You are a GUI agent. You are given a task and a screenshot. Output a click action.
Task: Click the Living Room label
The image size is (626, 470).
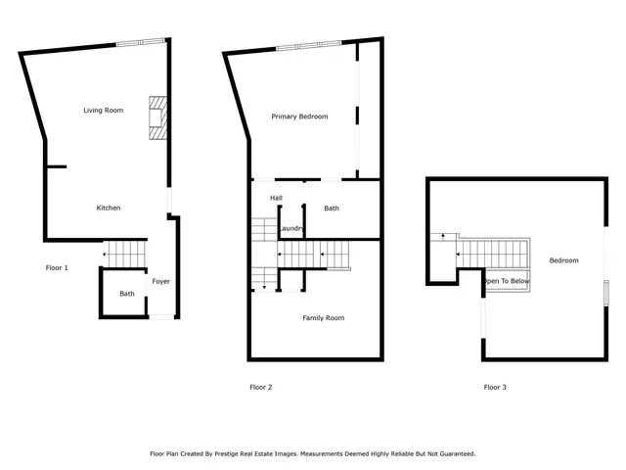click(x=103, y=111)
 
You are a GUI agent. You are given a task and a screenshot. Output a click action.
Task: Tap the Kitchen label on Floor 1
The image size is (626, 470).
click(x=108, y=209)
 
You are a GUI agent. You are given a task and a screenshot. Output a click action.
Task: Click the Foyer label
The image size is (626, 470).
click(x=160, y=282)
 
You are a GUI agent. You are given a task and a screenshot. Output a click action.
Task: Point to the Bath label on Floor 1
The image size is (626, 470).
click(x=127, y=294)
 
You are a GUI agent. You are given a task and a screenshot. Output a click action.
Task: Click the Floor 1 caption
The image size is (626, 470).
click(x=57, y=267)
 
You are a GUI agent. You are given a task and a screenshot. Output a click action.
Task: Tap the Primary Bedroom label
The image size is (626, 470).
click(x=299, y=117)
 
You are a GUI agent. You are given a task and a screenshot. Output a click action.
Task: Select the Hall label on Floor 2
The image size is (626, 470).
click(x=277, y=198)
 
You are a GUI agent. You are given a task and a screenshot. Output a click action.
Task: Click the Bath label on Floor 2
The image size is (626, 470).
click(x=332, y=209)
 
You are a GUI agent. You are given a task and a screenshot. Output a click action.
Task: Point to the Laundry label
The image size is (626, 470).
click(x=291, y=229)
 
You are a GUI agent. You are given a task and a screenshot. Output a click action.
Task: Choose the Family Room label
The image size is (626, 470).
click(x=323, y=318)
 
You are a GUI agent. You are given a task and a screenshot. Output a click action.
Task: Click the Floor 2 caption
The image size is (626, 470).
click(x=261, y=387)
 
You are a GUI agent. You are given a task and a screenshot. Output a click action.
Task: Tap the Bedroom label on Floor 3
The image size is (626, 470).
click(x=563, y=260)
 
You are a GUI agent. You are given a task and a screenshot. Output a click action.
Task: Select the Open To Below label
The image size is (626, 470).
click(x=508, y=281)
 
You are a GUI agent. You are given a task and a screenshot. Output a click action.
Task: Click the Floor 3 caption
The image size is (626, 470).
click(x=495, y=387)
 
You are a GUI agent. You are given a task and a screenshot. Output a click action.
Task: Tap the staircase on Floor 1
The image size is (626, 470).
click(x=125, y=253)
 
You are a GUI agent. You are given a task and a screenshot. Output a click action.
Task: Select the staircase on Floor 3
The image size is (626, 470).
click(x=489, y=253)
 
